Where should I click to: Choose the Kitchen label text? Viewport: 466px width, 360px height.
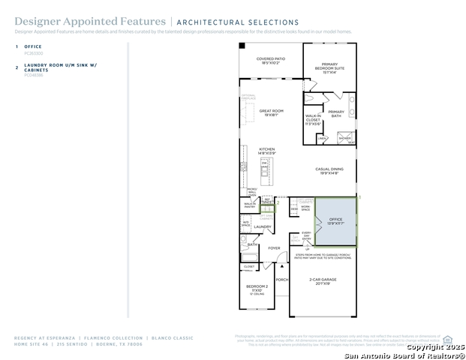(267, 151)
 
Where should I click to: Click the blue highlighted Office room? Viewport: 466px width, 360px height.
(335, 221)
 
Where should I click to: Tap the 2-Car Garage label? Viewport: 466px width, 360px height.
(323, 280)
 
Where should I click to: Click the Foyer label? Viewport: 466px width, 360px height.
(274, 248)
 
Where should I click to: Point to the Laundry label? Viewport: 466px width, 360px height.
(263, 226)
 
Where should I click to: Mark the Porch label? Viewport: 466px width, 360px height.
(281, 280)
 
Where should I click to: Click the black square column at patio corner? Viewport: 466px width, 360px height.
(242, 46)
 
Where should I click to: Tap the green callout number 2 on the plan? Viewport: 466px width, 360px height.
(278, 202)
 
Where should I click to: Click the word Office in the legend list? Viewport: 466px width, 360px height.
(33, 46)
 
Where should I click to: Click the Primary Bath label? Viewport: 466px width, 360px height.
(335, 113)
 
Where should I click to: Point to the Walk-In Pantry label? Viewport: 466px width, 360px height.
(249, 204)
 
